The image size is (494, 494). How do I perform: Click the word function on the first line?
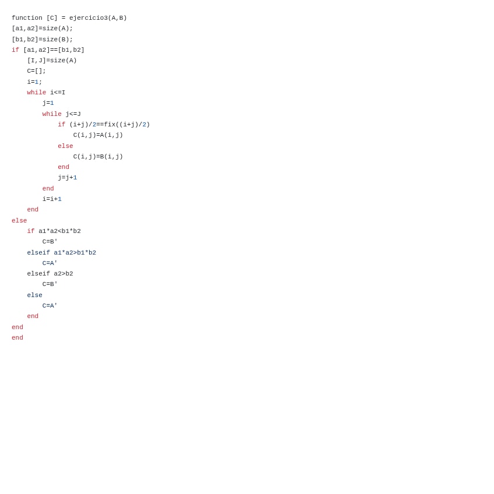pos(27,18)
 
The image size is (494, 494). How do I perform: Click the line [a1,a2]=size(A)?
pos(42,29)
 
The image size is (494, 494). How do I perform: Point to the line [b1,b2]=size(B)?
pos(42,40)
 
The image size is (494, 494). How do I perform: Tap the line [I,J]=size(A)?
pos(52,61)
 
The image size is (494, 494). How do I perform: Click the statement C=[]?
pos(36,71)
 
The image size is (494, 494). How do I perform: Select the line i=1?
pos(34,82)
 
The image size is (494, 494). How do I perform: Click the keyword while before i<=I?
pos(36,93)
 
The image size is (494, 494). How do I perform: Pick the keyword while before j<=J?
pos(52,114)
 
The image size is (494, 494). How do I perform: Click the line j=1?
pos(48,103)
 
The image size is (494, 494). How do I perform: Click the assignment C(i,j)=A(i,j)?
pos(98,135)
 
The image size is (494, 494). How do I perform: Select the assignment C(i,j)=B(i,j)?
pos(98,157)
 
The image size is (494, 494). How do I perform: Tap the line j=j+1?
pos(67,178)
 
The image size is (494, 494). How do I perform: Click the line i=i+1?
pos(52,199)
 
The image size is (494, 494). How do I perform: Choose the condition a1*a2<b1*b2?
pos(59,231)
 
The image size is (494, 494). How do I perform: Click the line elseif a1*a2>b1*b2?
pos(61,253)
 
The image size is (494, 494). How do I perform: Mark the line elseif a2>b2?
pos(50,274)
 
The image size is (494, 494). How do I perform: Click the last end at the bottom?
pos(17,338)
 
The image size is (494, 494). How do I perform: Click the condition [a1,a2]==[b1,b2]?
pos(54,50)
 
